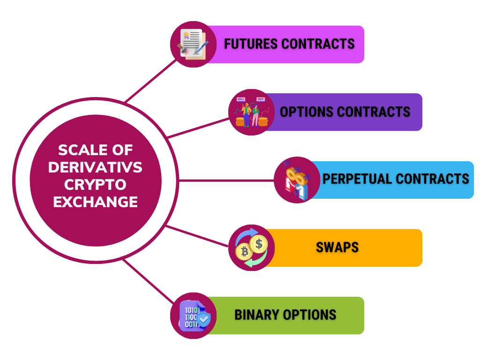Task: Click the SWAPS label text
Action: tap(337, 247)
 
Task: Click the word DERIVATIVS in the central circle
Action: tap(95, 167)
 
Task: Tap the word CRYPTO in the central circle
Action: tap(95, 185)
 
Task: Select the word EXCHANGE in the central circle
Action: tap(95, 202)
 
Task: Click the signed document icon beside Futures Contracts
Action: tap(193, 44)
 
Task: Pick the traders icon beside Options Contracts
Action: tap(252, 112)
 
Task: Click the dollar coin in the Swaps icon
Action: tap(259, 244)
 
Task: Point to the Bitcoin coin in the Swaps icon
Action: tap(244, 252)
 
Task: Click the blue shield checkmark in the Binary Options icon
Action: tap(203, 320)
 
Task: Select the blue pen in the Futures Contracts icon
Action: tap(202, 47)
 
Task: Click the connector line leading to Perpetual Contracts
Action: tap(226, 180)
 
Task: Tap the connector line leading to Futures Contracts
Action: tap(150, 81)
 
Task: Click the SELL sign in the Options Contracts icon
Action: tap(241, 99)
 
